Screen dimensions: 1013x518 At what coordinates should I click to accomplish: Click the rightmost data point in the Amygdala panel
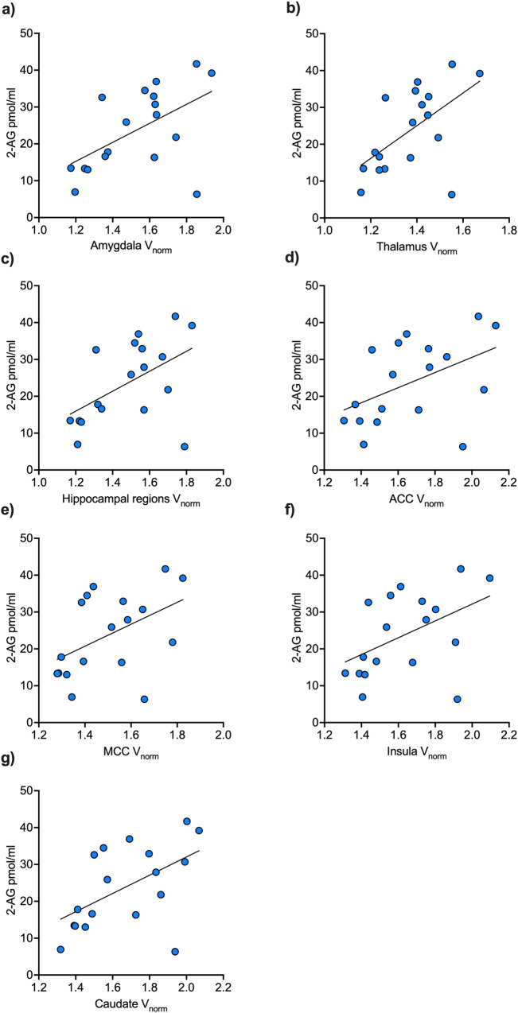point(212,73)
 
